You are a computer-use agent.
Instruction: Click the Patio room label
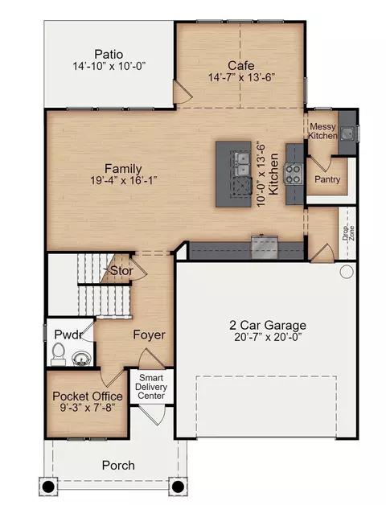tap(109, 54)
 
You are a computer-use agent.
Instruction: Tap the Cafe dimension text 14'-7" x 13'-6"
tap(241, 77)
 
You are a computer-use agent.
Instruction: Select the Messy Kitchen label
tap(322, 131)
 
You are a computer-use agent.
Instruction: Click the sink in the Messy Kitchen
tap(347, 133)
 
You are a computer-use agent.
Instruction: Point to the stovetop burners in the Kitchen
tap(294, 174)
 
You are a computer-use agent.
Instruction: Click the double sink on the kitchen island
tap(242, 164)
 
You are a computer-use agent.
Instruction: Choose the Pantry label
tap(327, 179)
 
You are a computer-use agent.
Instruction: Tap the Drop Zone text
tap(348, 233)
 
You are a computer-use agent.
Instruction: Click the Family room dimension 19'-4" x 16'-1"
tap(123, 180)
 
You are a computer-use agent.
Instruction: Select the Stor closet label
tap(121, 270)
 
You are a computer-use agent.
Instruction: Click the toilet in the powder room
tap(59, 354)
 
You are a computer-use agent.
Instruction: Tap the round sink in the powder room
tap(81, 358)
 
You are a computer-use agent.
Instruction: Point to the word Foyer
tap(150, 335)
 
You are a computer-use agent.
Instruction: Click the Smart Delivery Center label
tap(151, 387)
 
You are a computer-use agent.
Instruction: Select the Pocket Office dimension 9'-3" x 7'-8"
tap(88, 408)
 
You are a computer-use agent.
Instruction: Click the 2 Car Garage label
tap(268, 325)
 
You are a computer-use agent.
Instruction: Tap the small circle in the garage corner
tap(347, 272)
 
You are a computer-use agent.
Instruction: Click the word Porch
tap(118, 465)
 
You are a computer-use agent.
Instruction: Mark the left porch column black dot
tap(48, 487)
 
